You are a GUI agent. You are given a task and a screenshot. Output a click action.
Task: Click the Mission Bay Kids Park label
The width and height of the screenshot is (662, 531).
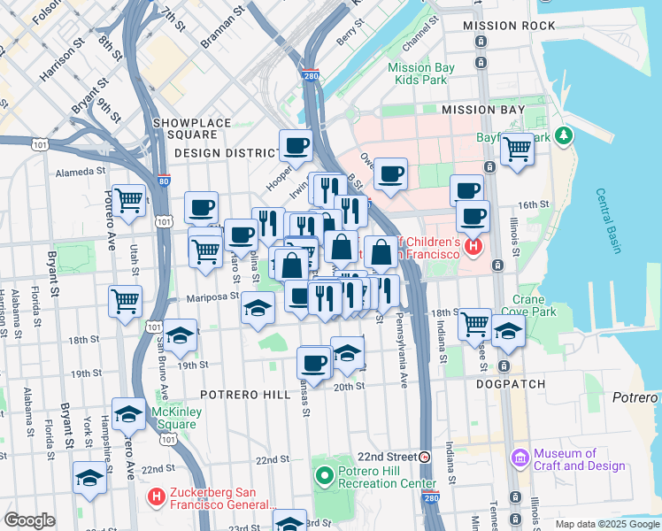tap(421, 73)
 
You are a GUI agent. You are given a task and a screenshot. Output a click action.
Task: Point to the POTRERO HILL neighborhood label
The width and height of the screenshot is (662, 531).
tap(242, 393)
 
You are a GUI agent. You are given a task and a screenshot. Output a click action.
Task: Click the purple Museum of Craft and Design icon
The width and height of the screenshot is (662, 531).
tap(520, 459)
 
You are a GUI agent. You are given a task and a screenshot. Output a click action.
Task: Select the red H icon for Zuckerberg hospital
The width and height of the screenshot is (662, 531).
tap(158, 499)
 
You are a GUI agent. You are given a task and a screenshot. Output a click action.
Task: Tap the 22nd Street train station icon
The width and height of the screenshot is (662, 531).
tap(425, 458)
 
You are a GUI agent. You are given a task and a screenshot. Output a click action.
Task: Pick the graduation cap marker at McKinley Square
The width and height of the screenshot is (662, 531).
tap(128, 413)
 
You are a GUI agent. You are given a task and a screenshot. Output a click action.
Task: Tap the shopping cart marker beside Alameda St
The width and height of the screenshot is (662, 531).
tap(129, 200)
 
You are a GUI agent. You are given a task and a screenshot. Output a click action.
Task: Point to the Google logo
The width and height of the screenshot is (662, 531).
tap(29, 520)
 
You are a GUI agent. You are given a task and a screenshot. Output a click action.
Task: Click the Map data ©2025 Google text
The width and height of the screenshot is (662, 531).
tap(606, 525)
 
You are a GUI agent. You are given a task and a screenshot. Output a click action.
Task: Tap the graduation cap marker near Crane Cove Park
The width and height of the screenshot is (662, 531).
tap(508, 331)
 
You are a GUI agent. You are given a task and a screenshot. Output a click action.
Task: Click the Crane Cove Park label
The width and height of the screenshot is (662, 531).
tap(528, 305)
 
